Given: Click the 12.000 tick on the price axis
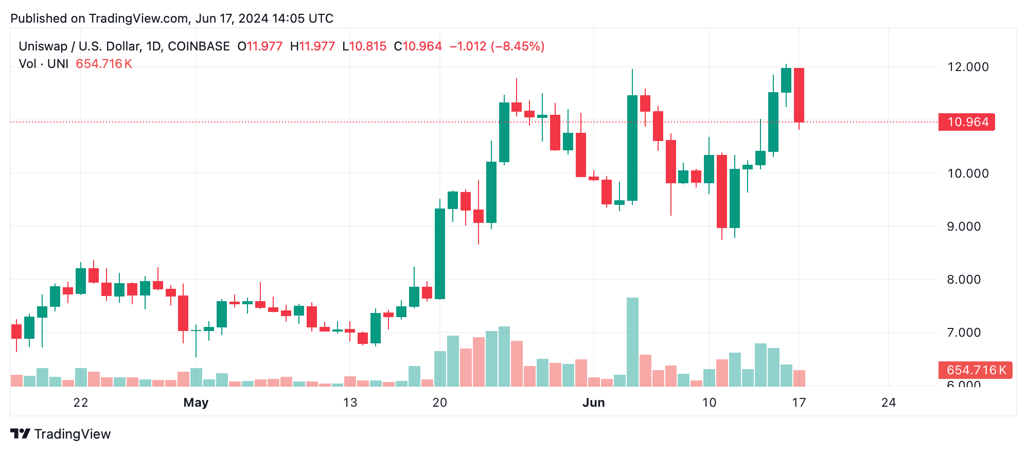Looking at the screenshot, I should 967,67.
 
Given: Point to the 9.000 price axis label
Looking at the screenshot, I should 963,227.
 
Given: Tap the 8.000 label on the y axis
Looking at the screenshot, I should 963,280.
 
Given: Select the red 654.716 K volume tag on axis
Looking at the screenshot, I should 975,370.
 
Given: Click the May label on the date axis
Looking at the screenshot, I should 196,403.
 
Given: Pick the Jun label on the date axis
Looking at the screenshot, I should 593,403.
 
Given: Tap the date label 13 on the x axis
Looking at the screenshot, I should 350,403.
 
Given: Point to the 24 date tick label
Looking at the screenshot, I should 889,403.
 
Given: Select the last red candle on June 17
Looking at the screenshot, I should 799,95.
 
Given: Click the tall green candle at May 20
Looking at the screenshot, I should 440,254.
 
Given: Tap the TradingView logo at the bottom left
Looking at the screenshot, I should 61,434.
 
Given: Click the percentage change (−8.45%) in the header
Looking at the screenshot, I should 518,46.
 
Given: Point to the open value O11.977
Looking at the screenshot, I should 260,46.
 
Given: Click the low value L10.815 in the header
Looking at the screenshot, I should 364,46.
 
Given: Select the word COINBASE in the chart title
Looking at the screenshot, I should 199,46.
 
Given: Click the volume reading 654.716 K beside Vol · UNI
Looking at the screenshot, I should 104,64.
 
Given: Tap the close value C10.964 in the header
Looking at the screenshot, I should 418,46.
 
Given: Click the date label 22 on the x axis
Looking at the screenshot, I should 81,403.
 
